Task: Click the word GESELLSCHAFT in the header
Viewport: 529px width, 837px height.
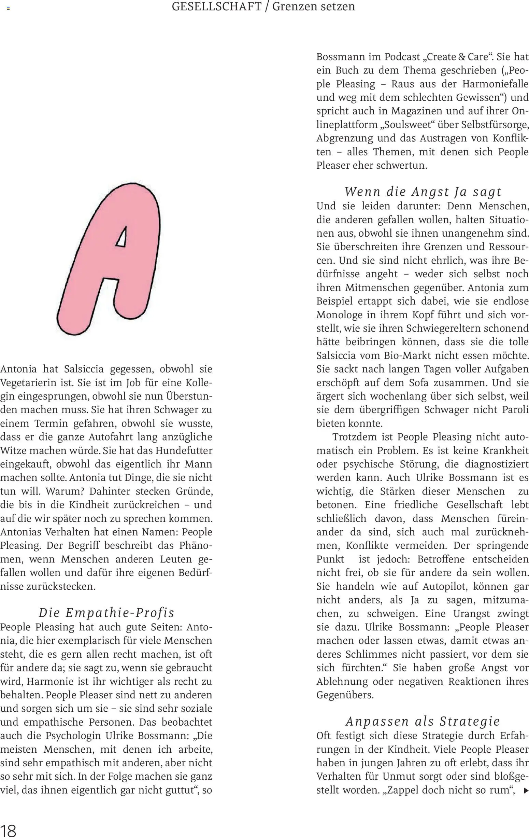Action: click(216, 6)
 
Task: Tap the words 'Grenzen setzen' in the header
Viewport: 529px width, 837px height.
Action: click(313, 6)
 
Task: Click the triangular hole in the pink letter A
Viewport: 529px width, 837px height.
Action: click(121, 237)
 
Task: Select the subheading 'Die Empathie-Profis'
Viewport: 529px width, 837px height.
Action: click(106, 613)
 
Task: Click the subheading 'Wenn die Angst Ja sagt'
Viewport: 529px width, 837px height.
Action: click(423, 192)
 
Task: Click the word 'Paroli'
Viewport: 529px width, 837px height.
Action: click(515, 410)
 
